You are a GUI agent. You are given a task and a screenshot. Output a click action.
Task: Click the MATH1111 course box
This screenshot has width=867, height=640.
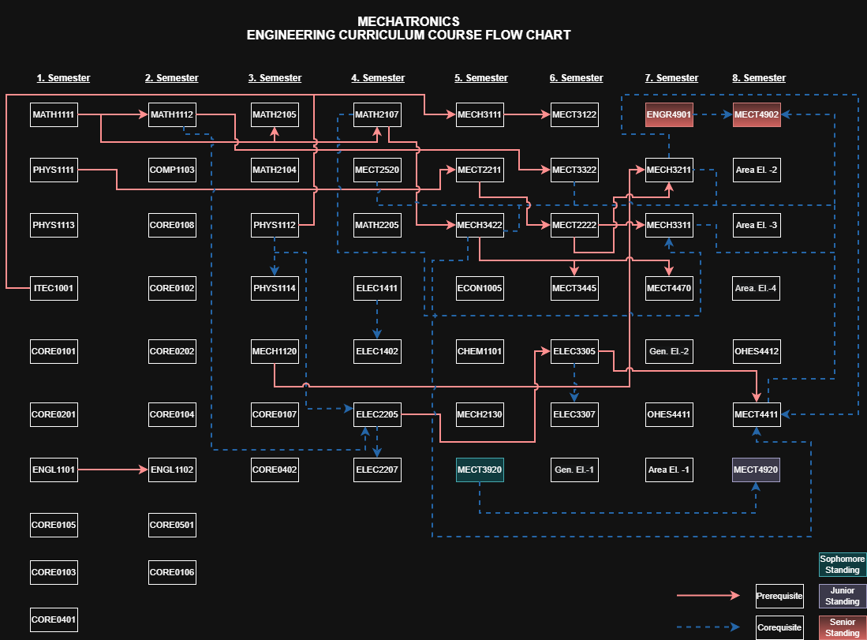54,114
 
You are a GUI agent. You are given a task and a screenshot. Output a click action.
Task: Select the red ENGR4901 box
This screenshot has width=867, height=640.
669,114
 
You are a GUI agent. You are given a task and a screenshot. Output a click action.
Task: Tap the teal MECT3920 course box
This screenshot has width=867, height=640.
480,470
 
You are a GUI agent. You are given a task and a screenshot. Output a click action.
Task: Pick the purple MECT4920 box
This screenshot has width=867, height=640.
756,470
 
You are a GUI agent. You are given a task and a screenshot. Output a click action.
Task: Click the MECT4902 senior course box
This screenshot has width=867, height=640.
756,114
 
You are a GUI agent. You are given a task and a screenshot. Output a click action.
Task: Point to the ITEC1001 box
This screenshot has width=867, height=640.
54,288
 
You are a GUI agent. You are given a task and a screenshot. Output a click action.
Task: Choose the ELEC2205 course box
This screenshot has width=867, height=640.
377,414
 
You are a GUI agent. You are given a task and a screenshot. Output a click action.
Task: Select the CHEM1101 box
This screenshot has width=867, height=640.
480,351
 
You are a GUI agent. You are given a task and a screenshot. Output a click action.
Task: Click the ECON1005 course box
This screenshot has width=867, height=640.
480,288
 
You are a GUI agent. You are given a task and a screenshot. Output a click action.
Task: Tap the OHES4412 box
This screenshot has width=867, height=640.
756,351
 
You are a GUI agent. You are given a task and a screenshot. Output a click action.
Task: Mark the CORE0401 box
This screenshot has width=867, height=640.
54,619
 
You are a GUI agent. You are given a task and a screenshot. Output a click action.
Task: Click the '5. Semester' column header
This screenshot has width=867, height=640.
481,78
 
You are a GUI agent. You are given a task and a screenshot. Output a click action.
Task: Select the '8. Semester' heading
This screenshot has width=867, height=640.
759,78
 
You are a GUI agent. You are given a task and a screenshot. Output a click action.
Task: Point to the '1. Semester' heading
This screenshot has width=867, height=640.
63,78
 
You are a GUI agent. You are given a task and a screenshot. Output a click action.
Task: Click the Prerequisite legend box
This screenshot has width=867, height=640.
779,595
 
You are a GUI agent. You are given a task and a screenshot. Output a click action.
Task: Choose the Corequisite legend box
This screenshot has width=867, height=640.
779,627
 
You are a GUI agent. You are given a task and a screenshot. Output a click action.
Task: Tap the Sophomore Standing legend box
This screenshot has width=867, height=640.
842,563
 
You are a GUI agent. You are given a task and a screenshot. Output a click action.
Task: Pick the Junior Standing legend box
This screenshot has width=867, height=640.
842,596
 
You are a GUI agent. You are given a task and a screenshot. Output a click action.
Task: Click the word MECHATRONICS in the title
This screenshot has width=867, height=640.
408,21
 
